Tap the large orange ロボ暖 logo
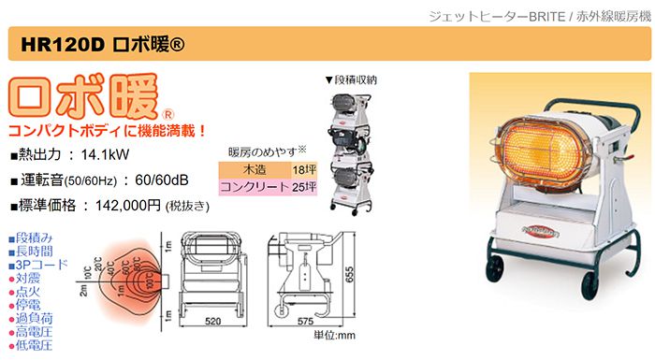(x=87, y=95)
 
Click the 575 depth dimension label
(x=307, y=321)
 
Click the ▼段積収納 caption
(x=350, y=81)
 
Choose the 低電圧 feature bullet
(x=29, y=346)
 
